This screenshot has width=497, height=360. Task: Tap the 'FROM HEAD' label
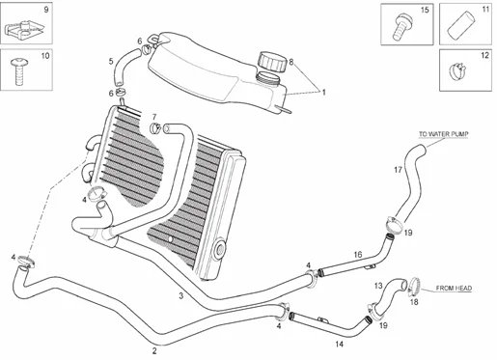click(x=452, y=288)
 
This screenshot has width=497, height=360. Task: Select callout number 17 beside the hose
click(x=398, y=170)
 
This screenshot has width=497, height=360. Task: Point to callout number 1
click(x=324, y=93)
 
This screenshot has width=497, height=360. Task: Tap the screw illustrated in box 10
click(x=23, y=69)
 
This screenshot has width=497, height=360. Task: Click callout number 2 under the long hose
click(x=154, y=350)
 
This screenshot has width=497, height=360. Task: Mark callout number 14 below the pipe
click(x=339, y=344)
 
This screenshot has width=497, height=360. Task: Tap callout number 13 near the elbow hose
click(x=378, y=285)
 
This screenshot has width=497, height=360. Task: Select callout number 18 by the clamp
click(x=414, y=302)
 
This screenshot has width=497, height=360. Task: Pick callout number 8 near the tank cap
click(x=291, y=62)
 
